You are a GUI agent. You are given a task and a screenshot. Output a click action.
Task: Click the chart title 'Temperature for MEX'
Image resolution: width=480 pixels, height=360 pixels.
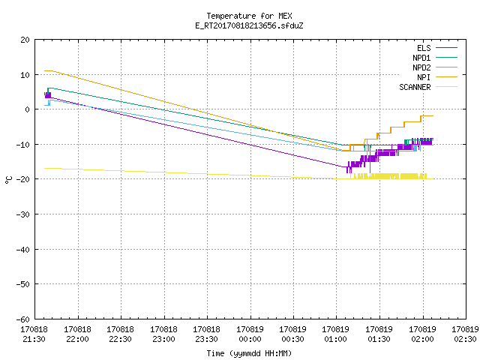[x=249, y=16]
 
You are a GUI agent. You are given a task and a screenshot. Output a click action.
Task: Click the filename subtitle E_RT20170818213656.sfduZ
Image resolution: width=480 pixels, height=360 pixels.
[x=249, y=25]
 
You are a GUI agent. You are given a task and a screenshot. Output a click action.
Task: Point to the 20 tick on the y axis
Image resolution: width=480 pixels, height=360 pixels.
[x=25, y=40]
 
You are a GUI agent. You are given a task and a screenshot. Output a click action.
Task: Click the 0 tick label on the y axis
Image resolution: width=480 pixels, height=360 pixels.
[x=28, y=109]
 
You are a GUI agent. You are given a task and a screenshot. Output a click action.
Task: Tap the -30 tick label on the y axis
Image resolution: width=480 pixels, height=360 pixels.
[x=23, y=214]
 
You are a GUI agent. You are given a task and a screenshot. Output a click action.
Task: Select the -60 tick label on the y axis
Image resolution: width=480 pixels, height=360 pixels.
[x=23, y=319]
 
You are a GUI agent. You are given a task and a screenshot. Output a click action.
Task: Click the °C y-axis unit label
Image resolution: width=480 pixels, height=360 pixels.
[x=8, y=180]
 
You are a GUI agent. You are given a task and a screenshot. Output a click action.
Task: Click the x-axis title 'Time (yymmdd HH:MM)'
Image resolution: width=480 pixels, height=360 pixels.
[x=249, y=353]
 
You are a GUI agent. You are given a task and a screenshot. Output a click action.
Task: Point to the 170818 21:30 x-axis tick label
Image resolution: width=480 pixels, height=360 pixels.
[x=34, y=334]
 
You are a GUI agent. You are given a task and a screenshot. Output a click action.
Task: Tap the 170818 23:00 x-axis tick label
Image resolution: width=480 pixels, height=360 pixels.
[x=163, y=334]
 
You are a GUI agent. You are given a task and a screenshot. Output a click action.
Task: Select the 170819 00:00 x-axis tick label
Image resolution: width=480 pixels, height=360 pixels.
[x=250, y=334]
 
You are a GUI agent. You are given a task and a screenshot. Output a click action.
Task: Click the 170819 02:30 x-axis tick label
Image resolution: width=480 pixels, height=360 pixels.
[x=465, y=334]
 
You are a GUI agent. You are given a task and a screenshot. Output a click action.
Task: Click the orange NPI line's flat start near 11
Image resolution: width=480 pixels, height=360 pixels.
[x=48, y=70]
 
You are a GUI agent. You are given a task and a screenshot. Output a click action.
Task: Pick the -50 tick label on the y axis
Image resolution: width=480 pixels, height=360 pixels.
[x=23, y=284]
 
